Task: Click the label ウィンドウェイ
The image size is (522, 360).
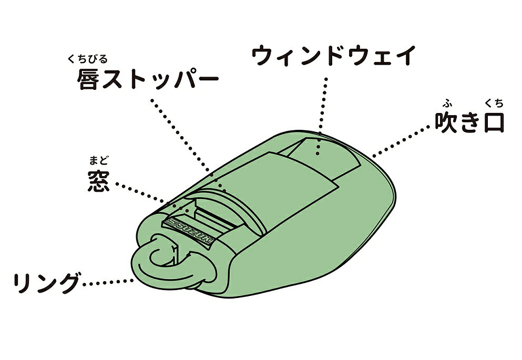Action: [x=333, y=56]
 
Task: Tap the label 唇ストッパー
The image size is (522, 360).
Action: [x=148, y=79]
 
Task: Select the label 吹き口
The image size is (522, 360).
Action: [x=469, y=122]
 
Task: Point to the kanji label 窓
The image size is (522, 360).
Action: [x=98, y=181]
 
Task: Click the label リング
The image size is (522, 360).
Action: [x=46, y=283]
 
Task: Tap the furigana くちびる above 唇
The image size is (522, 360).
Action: [x=88, y=59]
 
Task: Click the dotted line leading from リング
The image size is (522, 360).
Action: [x=108, y=282]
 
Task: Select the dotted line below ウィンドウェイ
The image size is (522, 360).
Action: [x=321, y=117]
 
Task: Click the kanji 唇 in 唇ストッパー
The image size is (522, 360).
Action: [x=88, y=79]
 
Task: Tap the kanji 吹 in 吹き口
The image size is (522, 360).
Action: [x=446, y=122]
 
